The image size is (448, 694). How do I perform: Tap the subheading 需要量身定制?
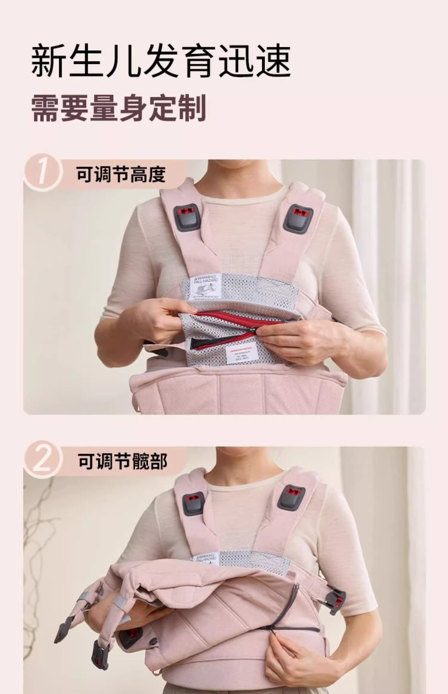(119, 108)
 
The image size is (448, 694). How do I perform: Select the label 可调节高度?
(121, 175)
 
